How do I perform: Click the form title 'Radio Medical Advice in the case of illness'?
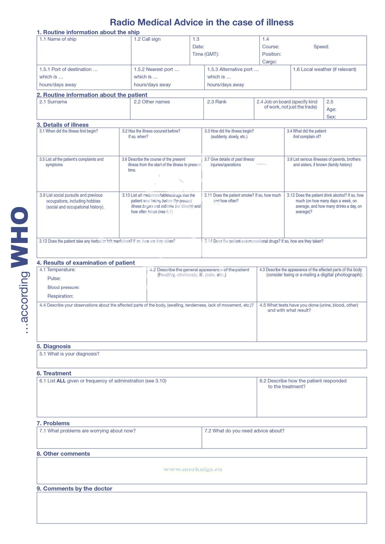click(x=201, y=22)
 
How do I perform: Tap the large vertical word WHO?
click(x=20, y=237)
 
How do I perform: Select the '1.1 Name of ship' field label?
click(x=58, y=39)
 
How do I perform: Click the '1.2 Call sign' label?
click(x=147, y=39)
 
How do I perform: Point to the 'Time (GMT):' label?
click(x=206, y=54)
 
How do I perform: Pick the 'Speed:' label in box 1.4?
click(x=321, y=47)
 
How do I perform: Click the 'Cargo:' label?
click(x=269, y=62)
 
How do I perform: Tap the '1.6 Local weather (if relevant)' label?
click(x=324, y=69)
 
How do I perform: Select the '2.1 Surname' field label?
click(x=53, y=102)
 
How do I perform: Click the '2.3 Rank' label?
click(x=217, y=102)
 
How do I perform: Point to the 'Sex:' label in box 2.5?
click(x=331, y=117)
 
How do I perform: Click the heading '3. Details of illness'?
click(x=63, y=125)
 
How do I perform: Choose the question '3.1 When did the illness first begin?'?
click(x=69, y=131)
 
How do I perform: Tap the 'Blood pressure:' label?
click(x=64, y=288)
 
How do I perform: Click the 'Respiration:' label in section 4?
click(x=60, y=296)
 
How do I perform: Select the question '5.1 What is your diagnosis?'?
click(x=69, y=354)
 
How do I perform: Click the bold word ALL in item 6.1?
click(x=61, y=381)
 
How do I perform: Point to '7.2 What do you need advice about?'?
click(x=244, y=431)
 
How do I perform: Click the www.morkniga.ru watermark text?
click(x=193, y=469)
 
